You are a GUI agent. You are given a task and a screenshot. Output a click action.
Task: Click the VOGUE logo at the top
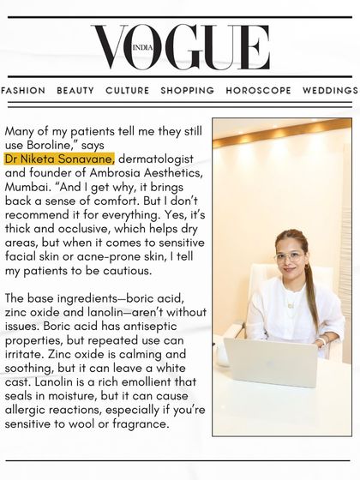click(x=180, y=48)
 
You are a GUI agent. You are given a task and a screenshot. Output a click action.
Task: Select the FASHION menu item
click(x=23, y=91)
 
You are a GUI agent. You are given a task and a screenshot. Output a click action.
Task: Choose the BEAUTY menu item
click(x=75, y=91)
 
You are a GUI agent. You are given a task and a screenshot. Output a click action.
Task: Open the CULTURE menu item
click(x=127, y=91)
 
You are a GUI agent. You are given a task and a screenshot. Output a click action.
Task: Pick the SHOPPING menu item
click(x=187, y=91)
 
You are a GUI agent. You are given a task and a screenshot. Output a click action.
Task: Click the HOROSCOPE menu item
click(x=258, y=91)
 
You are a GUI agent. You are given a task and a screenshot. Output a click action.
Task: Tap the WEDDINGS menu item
click(x=330, y=91)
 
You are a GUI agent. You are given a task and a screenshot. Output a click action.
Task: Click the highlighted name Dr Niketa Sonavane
click(x=59, y=159)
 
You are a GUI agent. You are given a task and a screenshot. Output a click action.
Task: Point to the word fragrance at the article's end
click(x=138, y=423)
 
